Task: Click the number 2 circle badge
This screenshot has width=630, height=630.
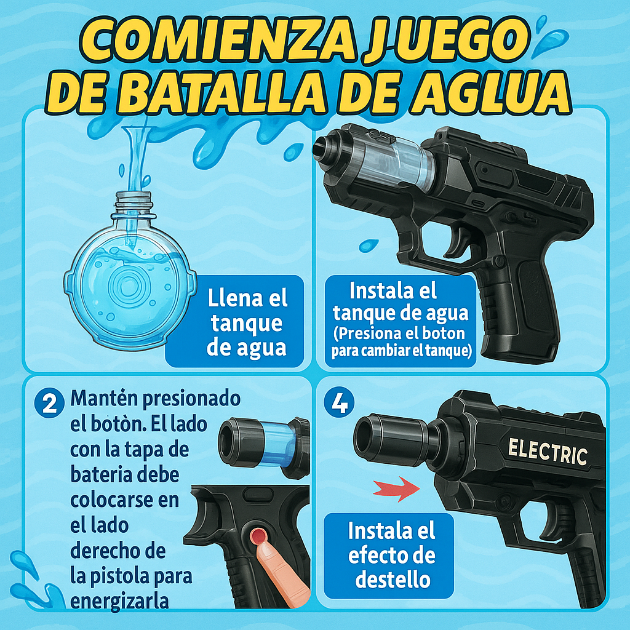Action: [x=49, y=403]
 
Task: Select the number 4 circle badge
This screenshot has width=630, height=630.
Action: [x=340, y=402]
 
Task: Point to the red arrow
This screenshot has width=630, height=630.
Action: [x=397, y=489]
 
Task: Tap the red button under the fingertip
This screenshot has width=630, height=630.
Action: [x=258, y=536]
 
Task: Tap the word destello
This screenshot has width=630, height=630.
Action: [x=393, y=580]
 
